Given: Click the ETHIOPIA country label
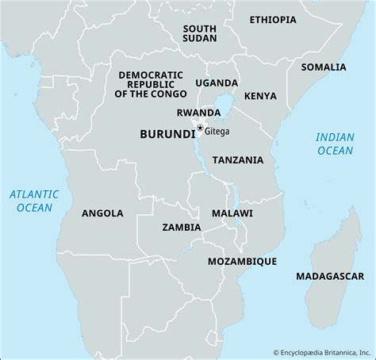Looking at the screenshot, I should click(x=278, y=19).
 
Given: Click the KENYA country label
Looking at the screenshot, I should click(x=260, y=96).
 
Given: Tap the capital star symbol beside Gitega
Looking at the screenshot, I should click(x=200, y=128).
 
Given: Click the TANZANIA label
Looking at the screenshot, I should click(x=237, y=159).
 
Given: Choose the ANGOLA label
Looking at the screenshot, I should click(x=102, y=213).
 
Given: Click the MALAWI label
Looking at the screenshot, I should click(x=232, y=214).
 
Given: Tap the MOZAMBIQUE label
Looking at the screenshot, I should click(x=241, y=260).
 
